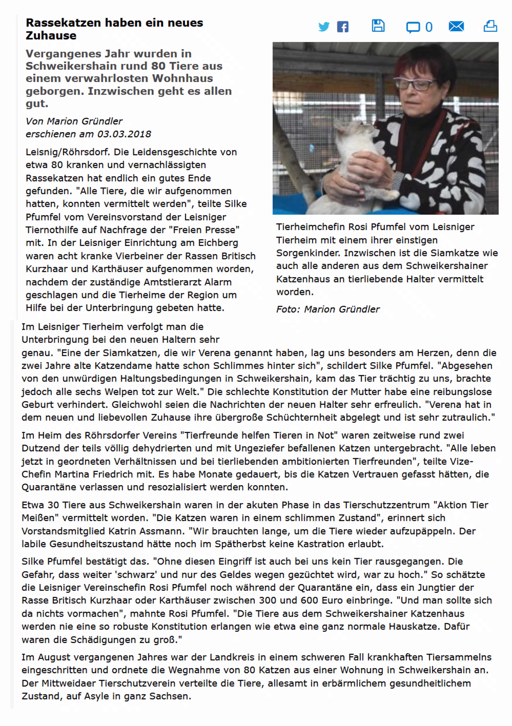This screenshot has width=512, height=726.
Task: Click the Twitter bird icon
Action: click(x=324, y=27)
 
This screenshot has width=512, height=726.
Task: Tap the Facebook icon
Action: click(x=342, y=27)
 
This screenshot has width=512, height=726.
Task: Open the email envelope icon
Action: click(x=456, y=26)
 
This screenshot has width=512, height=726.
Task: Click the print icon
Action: click(x=490, y=26)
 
